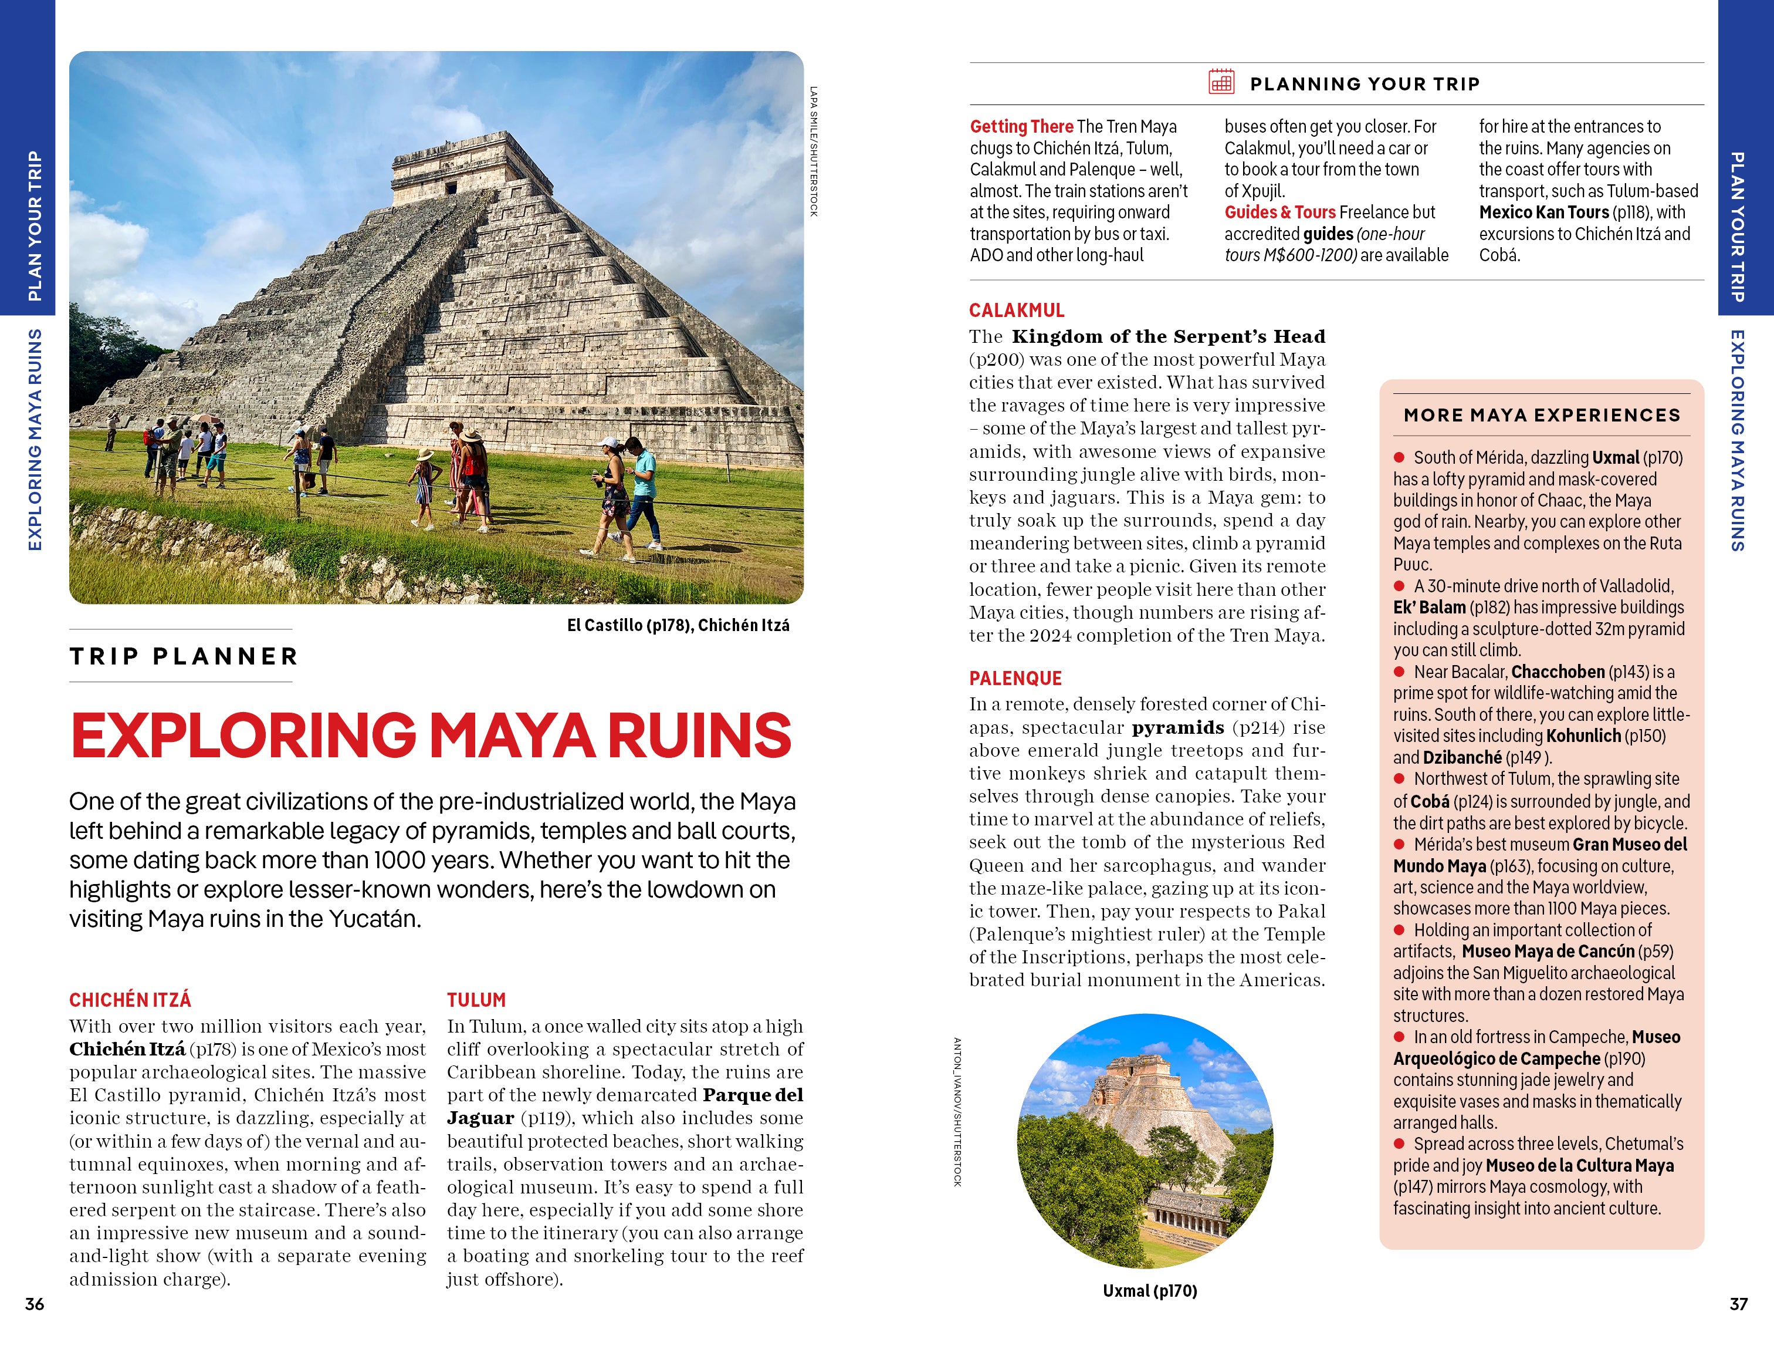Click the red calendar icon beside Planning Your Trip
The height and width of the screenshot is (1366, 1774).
pos(1221,82)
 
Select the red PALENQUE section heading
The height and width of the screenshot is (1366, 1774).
pos(1015,678)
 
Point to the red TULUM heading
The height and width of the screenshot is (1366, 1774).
pos(476,1000)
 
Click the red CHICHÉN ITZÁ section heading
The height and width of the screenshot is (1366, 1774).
pos(130,1000)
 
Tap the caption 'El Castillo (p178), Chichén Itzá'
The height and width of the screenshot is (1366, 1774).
pos(678,625)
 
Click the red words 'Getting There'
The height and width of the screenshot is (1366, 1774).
pos(1021,127)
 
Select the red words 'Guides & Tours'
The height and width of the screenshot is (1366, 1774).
pos(1279,212)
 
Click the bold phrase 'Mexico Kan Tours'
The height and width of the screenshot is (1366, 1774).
pos(1543,212)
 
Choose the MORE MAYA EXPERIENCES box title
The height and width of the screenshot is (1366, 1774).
pos(1541,415)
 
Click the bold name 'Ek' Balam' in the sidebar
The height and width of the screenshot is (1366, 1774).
pos(1429,607)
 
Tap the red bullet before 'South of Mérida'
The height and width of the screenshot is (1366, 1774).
pos(1399,457)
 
